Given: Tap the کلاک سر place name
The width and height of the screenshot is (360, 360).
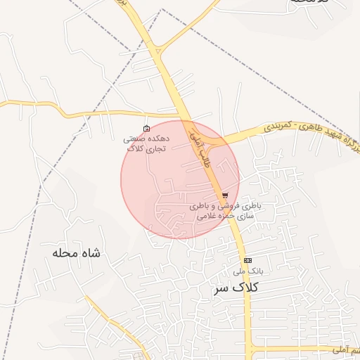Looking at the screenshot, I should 236,288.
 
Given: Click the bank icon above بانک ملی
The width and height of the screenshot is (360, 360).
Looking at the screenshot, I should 247,260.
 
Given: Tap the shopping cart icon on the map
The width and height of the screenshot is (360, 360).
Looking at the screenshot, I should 225,195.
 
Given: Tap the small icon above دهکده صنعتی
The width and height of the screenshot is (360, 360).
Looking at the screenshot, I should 146,128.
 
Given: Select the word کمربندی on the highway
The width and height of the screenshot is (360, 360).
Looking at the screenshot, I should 276,128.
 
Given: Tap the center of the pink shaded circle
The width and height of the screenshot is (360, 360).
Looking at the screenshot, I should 180,179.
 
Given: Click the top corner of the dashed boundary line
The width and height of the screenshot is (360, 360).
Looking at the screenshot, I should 161,10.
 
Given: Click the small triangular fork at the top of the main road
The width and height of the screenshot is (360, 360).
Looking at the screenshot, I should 159,49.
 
